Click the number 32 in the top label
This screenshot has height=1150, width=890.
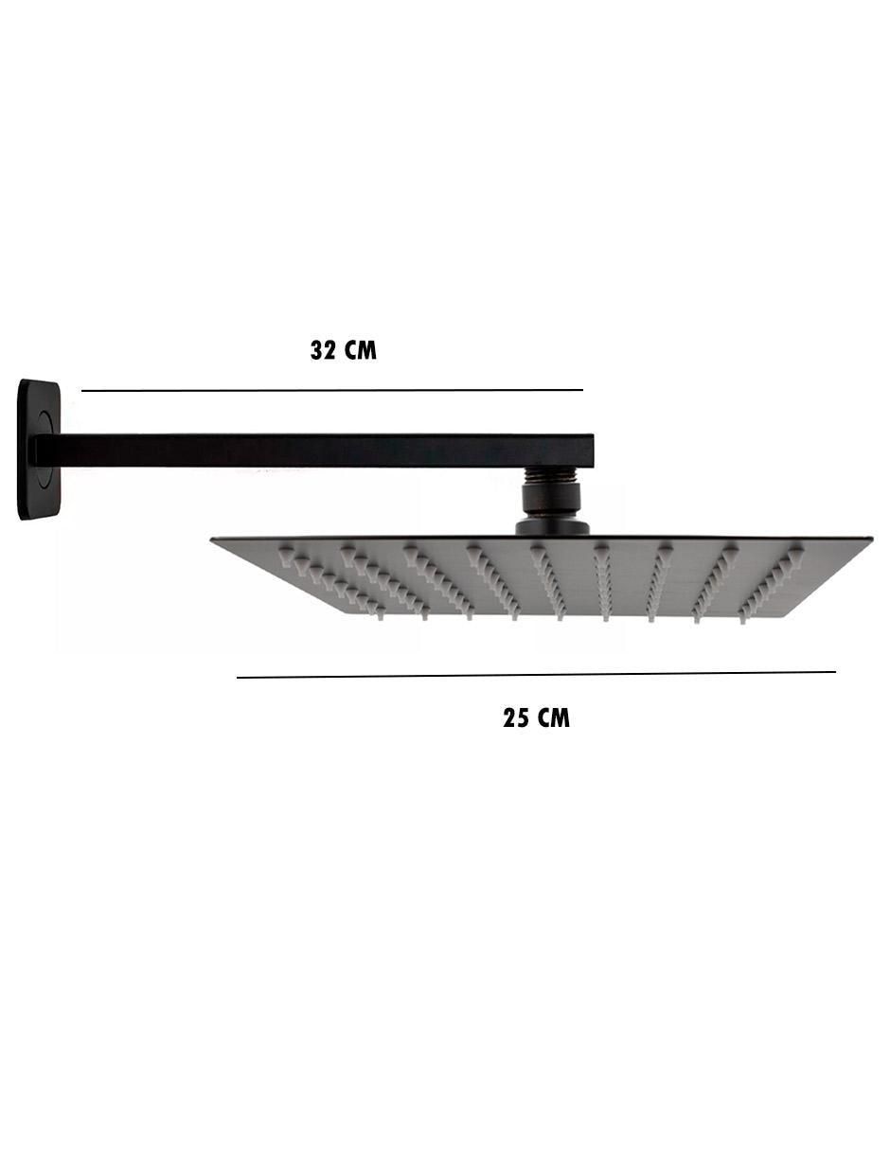tap(323, 350)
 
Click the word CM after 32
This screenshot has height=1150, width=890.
tap(361, 350)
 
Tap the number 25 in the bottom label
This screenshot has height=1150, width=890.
tap(515, 718)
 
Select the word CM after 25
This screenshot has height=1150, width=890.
tap(554, 718)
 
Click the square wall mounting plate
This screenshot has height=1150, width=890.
tap(39, 450)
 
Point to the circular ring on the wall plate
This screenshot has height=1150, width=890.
tap(45, 450)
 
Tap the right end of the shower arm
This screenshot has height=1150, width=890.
tap(593, 451)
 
